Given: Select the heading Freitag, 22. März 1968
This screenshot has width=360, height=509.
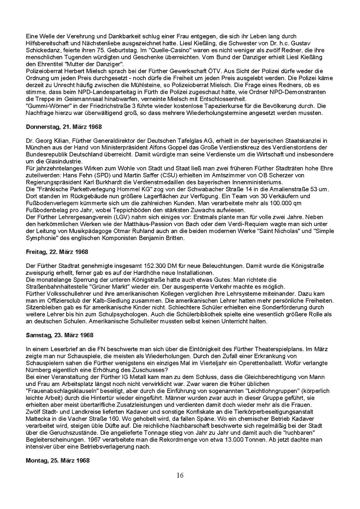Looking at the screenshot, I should [57, 252].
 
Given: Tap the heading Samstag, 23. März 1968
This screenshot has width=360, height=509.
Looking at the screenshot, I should [60, 335].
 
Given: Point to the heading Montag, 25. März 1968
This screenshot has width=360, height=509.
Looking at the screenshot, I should [58, 460].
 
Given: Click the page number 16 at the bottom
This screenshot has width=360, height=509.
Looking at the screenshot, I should [180, 476].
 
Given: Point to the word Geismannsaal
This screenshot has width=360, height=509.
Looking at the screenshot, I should [79, 99].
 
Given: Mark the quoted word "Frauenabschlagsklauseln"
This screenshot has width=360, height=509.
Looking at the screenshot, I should [60, 391].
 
